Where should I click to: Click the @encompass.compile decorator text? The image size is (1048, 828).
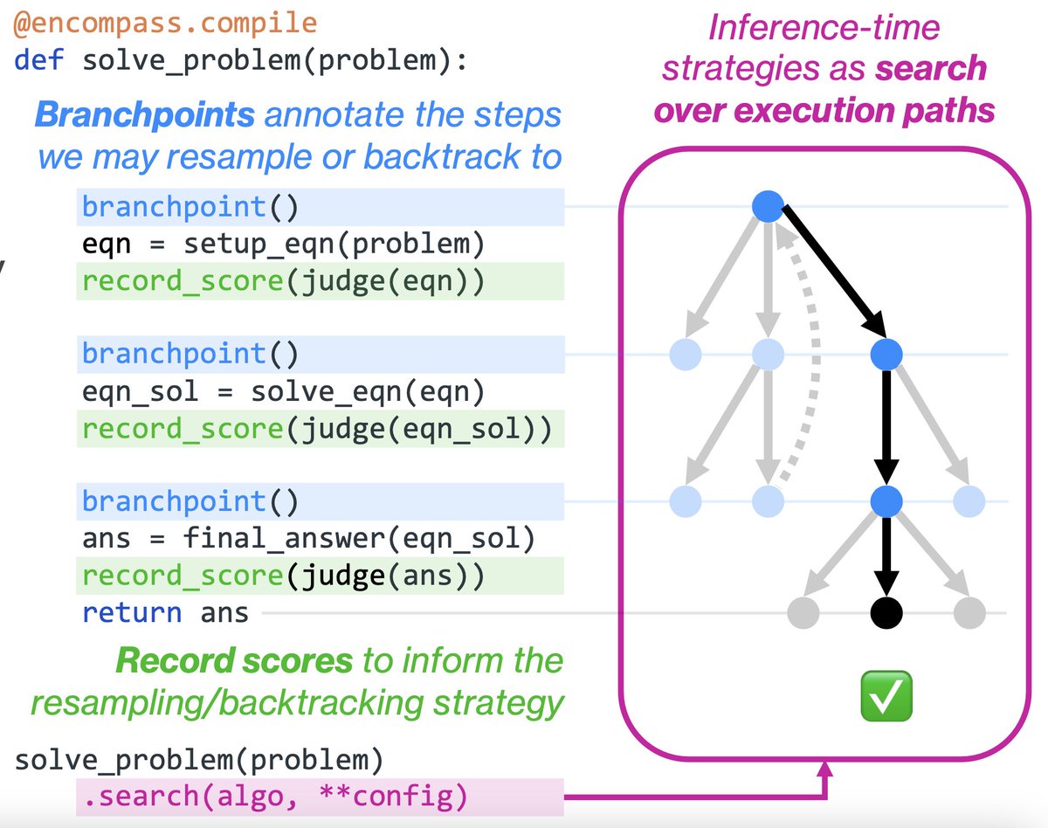(x=165, y=24)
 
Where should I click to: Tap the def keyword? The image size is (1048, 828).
(x=38, y=60)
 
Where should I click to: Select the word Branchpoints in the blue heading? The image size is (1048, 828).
(x=145, y=115)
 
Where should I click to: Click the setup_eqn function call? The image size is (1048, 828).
(x=334, y=244)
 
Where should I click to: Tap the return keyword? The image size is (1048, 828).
(x=132, y=613)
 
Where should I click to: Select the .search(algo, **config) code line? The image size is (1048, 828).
(x=276, y=797)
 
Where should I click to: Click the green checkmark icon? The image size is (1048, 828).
(x=886, y=695)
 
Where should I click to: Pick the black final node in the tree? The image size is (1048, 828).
(x=886, y=613)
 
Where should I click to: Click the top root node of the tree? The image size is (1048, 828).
(x=768, y=206)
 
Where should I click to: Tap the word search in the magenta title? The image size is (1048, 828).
(x=931, y=68)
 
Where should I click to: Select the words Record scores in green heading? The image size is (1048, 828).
(x=234, y=661)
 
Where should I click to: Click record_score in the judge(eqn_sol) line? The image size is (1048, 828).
(x=183, y=429)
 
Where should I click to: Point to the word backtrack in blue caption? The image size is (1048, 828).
(x=442, y=157)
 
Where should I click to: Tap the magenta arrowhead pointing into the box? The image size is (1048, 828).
(x=824, y=769)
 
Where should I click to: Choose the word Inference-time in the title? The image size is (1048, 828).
(x=824, y=27)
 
